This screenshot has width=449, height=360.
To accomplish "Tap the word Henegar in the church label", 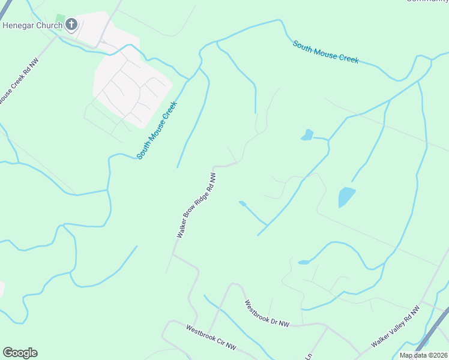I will (x=19, y=25).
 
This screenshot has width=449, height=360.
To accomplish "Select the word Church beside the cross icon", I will (x=49, y=25).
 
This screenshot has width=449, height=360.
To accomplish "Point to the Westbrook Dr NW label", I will (x=267, y=313).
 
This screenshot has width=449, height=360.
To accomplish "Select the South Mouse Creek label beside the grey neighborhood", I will (x=157, y=131).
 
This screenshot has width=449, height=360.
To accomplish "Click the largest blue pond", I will (x=346, y=196).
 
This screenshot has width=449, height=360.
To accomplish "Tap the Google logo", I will (x=20, y=353).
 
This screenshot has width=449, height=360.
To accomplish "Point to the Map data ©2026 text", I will (x=424, y=355).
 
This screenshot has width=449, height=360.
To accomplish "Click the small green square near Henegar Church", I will (x=59, y=19).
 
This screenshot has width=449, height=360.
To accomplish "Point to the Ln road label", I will (x=309, y=356).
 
